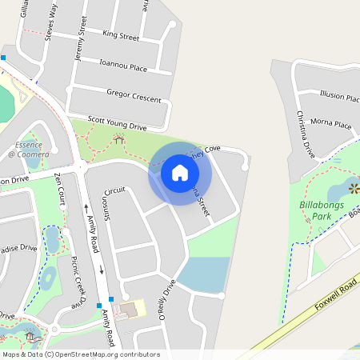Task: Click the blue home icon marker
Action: pyautogui.click(x=180, y=172)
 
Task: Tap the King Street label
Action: pyautogui.click(x=121, y=36)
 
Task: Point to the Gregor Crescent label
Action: pyautogui.click(x=134, y=94)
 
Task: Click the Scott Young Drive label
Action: pyautogui.click(x=118, y=122)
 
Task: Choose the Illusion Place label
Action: pyautogui.click(x=339, y=97)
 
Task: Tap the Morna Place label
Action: pyautogui.click(x=331, y=125)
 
